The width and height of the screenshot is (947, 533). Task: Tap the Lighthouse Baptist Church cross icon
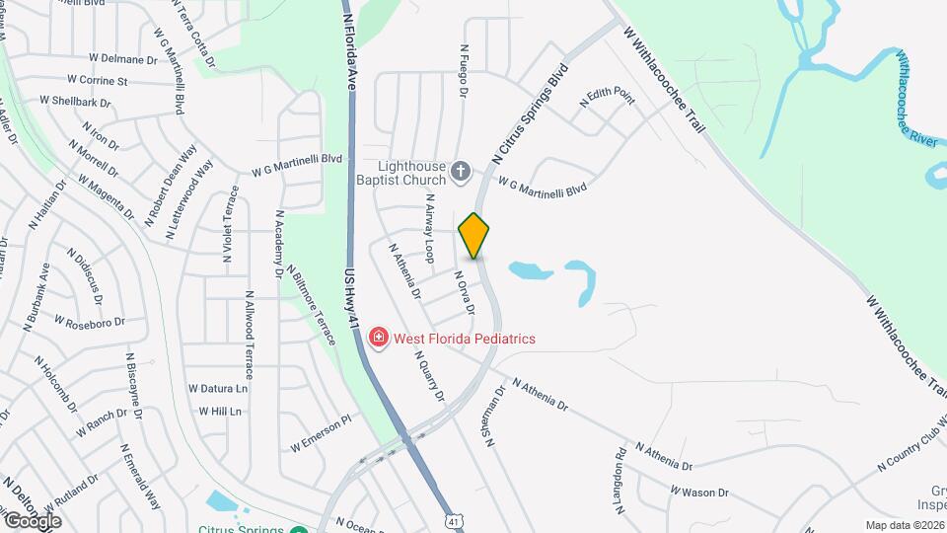(461, 174)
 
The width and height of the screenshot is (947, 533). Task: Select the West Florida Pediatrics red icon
(378, 339)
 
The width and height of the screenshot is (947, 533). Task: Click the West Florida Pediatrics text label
(465, 339)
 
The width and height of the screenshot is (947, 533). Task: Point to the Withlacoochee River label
(916, 98)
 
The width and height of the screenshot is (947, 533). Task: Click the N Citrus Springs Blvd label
(532, 114)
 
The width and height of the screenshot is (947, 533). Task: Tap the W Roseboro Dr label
(90, 322)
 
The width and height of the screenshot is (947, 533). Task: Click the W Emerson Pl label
(321, 434)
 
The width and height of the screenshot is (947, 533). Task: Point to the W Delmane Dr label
(122, 59)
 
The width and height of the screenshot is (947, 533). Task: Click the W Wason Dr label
(699, 491)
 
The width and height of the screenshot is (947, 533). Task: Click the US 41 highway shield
(453, 519)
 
